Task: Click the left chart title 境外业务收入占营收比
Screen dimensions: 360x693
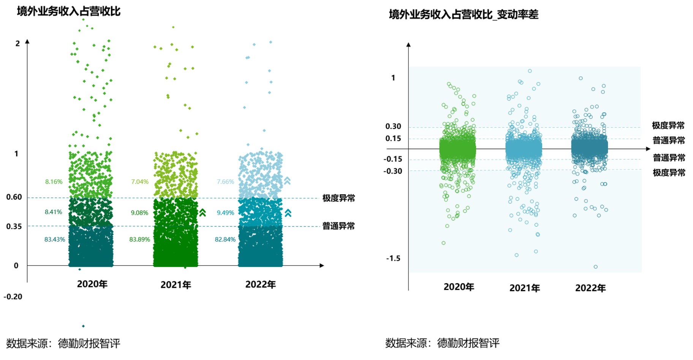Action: click(x=69, y=11)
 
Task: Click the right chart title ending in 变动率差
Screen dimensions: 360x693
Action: click(x=464, y=14)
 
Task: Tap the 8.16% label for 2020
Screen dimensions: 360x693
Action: click(x=54, y=182)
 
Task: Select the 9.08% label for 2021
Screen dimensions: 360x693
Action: click(x=139, y=213)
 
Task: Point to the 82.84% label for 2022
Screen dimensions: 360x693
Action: click(x=225, y=239)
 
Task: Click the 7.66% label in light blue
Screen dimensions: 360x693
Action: click(x=225, y=182)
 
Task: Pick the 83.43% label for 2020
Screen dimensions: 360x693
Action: click(x=55, y=239)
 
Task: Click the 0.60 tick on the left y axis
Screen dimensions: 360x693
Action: click(x=14, y=197)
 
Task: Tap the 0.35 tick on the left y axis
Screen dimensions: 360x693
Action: click(x=14, y=227)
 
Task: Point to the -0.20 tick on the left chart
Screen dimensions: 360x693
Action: click(x=13, y=297)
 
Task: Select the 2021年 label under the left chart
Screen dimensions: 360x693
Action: click(x=176, y=285)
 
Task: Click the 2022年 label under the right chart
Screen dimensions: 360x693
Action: click(x=590, y=288)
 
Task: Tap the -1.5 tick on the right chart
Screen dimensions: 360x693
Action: click(x=393, y=259)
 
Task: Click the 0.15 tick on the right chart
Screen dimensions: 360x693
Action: click(x=393, y=138)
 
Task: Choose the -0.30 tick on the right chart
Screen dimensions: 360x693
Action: click(x=393, y=171)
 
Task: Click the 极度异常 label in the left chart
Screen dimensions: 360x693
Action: click(x=339, y=198)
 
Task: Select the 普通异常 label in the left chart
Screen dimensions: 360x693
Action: click(x=339, y=226)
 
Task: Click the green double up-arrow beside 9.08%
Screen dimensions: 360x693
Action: click(x=203, y=213)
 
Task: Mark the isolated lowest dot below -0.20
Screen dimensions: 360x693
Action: click(x=83, y=326)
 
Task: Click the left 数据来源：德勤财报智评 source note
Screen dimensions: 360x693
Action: click(x=63, y=343)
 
